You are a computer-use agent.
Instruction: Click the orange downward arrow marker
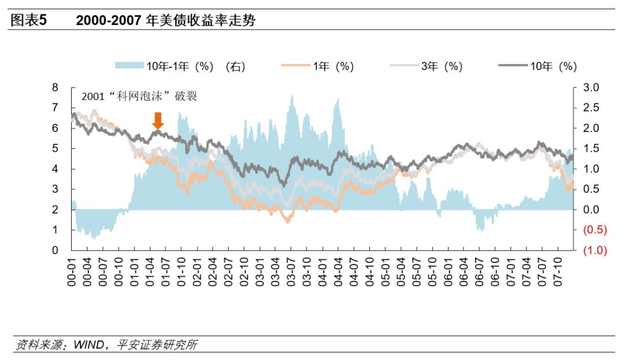(x=158, y=120)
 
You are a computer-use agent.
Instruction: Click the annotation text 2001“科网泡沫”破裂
(x=139, y=96)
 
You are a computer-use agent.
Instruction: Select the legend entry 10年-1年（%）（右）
(x=181, y=67)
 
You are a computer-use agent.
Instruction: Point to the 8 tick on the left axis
(x=56, y=87)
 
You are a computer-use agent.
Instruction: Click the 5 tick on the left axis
(x=56, y=149)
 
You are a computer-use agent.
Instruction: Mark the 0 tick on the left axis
(x=56, y=251)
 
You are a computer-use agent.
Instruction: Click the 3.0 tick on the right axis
(x=592, y=87)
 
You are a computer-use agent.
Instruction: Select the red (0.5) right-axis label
(x=594, y=230)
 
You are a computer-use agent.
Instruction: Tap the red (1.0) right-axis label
(x=594, y=251)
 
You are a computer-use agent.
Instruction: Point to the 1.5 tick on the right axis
(x=592, y=149)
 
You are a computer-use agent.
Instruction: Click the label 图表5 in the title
(x=28, y=21)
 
